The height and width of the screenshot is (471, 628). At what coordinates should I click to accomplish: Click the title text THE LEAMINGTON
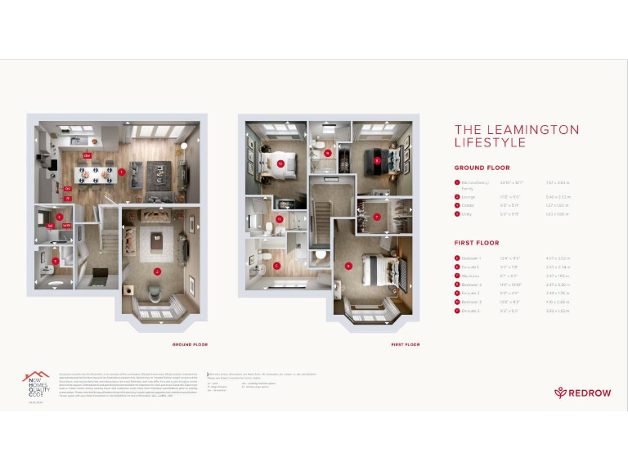click(516, 130)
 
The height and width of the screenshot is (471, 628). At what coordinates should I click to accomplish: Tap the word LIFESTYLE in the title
click(490, 143)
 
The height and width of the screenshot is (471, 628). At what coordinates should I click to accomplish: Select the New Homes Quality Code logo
click(35, 382)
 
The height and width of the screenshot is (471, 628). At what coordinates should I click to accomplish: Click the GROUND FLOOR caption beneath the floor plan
click(190, 344)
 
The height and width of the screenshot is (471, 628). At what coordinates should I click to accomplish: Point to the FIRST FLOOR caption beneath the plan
click(405, 344)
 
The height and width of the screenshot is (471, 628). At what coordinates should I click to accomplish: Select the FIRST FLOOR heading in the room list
click(476, 243)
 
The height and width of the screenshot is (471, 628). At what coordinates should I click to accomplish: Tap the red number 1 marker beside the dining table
click(121, 172)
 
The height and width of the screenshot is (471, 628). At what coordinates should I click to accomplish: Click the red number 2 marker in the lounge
click(157, 271)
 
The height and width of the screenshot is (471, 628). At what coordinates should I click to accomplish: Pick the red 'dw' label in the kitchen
click(68, 189)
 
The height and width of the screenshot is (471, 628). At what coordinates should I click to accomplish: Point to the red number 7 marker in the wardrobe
click(376, 217)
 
